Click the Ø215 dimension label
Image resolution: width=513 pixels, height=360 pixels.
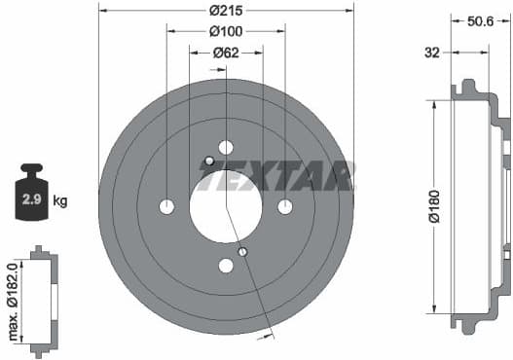226,12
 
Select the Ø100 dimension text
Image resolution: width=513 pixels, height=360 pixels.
226,31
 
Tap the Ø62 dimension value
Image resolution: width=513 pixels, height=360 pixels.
226,53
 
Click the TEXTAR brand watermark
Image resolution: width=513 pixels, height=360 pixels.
276,176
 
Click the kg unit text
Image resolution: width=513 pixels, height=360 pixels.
60,201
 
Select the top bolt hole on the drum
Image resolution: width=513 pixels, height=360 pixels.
226,148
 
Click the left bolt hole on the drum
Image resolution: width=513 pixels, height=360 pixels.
166,206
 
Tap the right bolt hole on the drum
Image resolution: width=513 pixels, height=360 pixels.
285,206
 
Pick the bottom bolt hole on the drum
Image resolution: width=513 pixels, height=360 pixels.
226,266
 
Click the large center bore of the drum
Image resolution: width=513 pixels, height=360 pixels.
226,206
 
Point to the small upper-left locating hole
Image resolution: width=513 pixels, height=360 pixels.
209,161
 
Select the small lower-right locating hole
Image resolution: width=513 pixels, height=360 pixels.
242,253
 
